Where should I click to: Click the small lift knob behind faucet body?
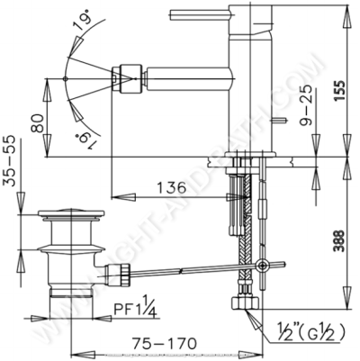[282, 118]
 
